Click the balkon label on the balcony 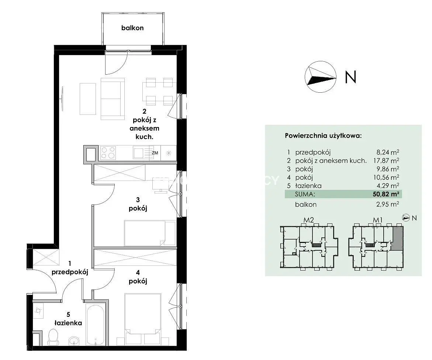tap(132, 28)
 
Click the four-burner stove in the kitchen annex tap(108, 153)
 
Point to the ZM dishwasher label tap(155, 153)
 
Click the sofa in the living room tap(113, 99)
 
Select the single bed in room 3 tap(150, 233)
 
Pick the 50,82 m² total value tap(386, 194)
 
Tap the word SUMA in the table tap(305, 194)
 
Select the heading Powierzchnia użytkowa tap(323, 136)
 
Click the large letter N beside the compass tap(350, 77)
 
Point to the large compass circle tap(321, 77)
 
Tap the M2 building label tap(308, 220)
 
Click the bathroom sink tap(73, 341)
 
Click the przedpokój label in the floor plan tap(70, 272)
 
